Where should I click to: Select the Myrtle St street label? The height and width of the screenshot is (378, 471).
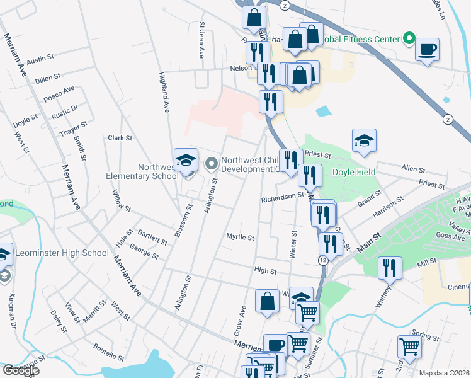click(x=240, y=238)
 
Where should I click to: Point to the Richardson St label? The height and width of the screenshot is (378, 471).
click(x=283, y=198)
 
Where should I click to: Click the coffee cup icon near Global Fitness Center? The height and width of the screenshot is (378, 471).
click(x=428, y=50)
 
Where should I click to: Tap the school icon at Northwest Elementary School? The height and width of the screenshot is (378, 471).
click(x=186, y=161)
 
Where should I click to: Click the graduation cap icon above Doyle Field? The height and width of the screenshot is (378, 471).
click(x=364, y=141)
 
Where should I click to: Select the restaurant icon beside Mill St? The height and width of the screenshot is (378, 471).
click(x=390, y=268)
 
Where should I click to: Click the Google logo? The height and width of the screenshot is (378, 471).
click(x=21, y=370)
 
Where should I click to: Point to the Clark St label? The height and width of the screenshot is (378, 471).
click(x=120, y=137)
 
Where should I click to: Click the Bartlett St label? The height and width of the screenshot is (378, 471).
click(x=152, y=237)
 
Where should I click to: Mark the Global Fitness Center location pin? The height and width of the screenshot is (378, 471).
click(x=409, y=39)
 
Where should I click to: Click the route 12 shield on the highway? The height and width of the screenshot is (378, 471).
click(x=323, y=260)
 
